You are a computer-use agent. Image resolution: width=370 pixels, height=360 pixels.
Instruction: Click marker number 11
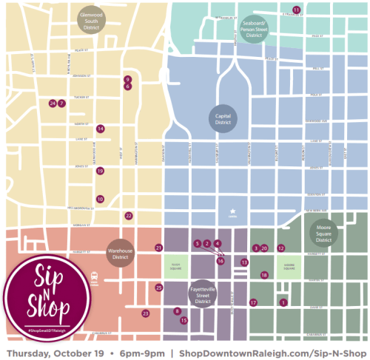pos(296,10)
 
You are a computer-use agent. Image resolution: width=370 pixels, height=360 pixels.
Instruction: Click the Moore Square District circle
pos(323,233)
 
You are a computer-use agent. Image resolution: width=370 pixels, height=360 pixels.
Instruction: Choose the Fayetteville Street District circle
pos(199,293)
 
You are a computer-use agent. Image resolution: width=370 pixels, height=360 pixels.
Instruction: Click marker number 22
pos(129,216)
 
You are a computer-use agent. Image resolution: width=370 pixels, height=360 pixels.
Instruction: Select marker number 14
pos(100,129)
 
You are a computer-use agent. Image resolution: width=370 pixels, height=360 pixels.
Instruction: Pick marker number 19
pos(100,171)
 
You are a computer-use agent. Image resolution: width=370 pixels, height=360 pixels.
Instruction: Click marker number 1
pos(283,302)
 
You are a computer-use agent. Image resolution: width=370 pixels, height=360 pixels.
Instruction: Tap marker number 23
pos(146,313)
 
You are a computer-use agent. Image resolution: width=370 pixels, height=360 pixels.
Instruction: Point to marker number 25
pos(158,288)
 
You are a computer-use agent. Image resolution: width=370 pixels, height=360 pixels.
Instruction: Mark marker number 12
pos(280,248)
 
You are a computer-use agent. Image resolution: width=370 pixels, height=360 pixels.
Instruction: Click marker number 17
pos(253,302)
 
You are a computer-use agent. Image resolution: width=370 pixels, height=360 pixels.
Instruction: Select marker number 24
pos(52,103)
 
